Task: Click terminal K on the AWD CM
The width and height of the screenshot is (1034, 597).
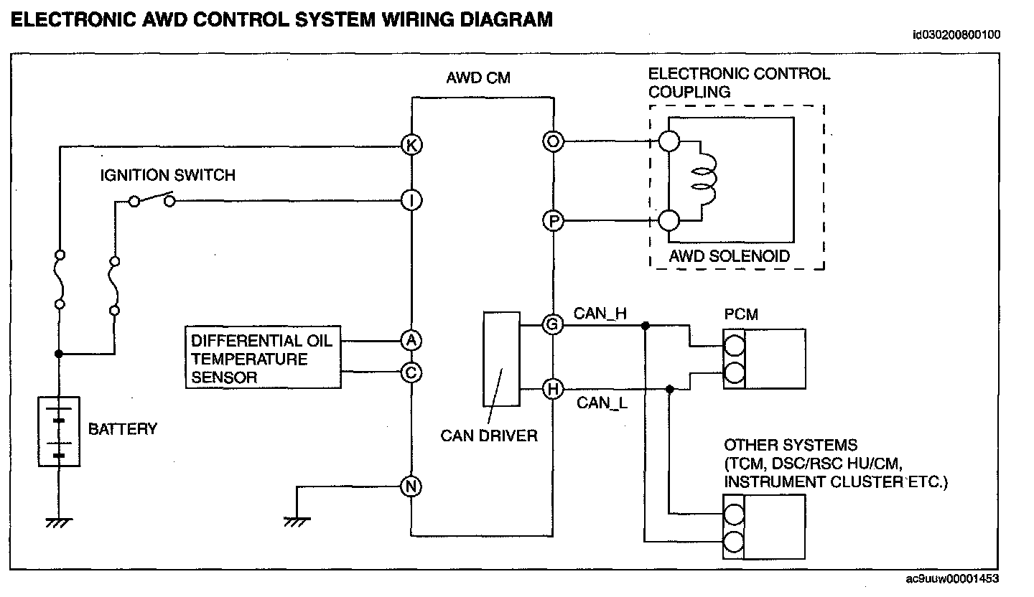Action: coord(411,146)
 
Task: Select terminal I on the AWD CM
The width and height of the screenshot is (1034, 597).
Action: coord(411,201)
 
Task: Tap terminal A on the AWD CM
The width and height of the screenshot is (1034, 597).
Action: coord(411,340)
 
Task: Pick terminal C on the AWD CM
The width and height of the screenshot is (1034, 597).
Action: coord(411,373)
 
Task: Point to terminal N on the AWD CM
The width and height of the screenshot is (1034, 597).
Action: coord(411,486)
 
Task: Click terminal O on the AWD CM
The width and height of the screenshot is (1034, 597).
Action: coord(553,141)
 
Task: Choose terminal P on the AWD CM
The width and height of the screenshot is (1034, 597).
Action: coord(553,222)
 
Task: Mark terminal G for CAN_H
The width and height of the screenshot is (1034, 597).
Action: coord(553,325)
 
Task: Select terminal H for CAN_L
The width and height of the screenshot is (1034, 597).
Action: coord(553,389)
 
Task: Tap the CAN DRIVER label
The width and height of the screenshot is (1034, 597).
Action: coord(489,436)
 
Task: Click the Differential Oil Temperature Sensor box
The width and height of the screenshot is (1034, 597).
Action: coord(263,358)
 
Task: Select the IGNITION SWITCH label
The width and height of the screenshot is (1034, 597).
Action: coord(167,175)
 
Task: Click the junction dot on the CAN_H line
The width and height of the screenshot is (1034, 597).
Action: coord(646,325)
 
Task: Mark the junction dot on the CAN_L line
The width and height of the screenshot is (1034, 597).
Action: coord(669,389)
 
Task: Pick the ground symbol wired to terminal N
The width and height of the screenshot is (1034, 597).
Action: coord(297,520)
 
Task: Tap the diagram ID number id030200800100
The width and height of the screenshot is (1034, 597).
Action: coord(956,34)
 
